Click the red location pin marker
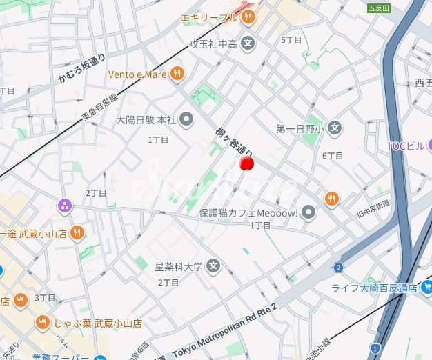246,163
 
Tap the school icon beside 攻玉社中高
248,44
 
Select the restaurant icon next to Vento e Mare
178,74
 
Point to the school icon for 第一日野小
335,128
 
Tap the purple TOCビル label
406,146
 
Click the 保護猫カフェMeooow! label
248,213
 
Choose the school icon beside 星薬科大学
214,266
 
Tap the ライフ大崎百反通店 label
375,288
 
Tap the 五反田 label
379,8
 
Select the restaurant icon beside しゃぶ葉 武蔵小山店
42,322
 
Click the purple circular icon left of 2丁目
65,205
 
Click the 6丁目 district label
333,156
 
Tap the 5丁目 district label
292,40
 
